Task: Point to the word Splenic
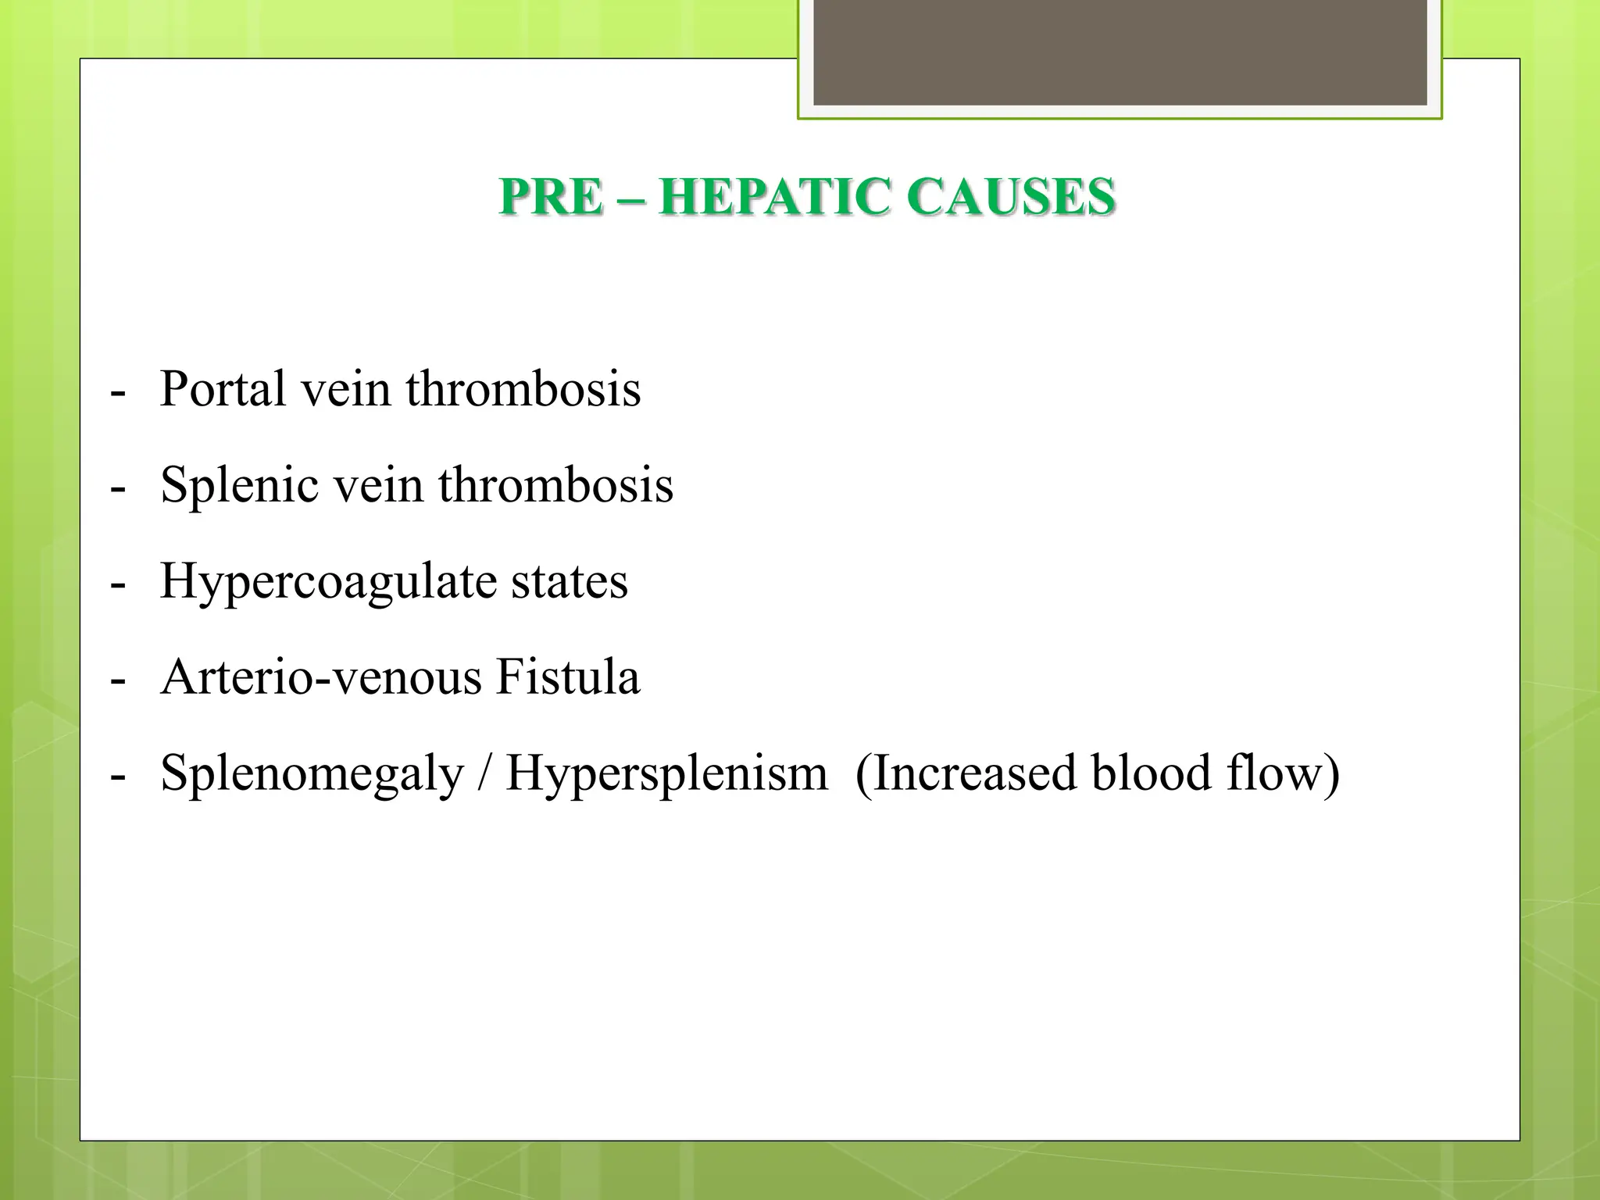239,484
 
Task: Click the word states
570,580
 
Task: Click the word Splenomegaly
312,774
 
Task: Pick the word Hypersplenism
666,774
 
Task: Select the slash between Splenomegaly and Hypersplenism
484,774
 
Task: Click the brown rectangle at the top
1120,52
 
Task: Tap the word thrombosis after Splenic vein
555,484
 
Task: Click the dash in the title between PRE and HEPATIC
630,198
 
